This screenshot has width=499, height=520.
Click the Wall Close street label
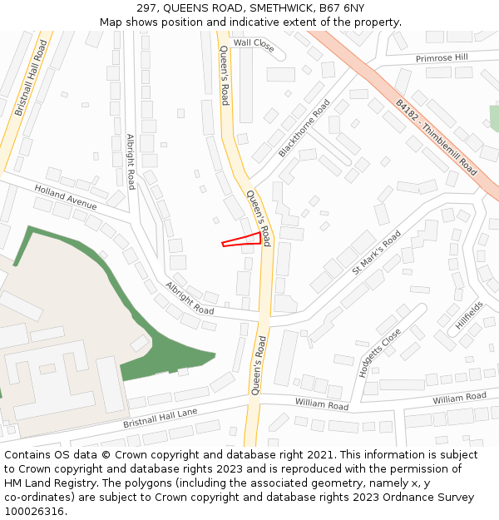tap(254, 44)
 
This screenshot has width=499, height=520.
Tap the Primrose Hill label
tap(442, 58)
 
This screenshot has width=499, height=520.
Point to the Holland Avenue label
tap(66, 197)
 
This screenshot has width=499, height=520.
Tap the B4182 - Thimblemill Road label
tap(437, 139)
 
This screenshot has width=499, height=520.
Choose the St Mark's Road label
tap(377, 252)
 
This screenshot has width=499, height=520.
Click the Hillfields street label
tap(469, 316)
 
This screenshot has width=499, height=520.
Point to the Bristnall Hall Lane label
tap(161, 418)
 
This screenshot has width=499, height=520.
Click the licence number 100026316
tap(35, 511)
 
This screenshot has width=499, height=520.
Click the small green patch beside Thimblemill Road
tap(494, 118)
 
